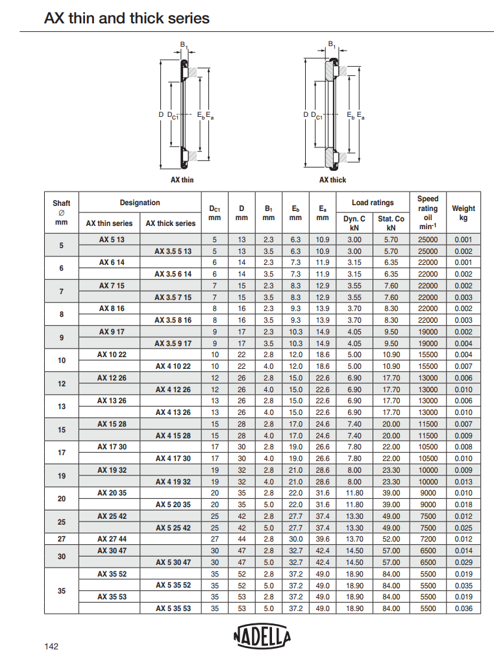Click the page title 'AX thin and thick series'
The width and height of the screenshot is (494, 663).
[127, 18]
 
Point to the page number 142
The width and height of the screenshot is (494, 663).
[51, 646]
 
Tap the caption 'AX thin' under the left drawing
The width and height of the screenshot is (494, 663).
[182, 180]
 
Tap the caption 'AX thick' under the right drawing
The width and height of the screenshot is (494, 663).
[332, 180]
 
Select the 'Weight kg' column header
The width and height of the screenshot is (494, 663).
[463, 213]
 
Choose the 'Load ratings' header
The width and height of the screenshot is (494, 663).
[373, 203]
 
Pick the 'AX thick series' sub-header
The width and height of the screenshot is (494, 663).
[170, 223]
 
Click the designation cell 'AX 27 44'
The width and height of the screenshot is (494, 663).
[111, 539]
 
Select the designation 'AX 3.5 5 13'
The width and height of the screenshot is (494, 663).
[173, 251]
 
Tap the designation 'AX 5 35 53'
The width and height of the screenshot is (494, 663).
[173, 608]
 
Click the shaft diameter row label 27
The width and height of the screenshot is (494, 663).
[62, 539]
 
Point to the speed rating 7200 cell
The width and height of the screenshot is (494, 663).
[428, 539]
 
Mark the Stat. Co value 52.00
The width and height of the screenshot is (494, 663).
[391, 539]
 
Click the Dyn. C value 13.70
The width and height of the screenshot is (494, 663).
[354, 539]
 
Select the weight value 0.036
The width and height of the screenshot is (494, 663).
[463, 608]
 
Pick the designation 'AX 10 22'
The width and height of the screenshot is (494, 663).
[111, 355]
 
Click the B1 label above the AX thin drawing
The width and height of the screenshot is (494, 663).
[184, 45]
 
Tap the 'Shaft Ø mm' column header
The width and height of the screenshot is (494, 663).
[62, 213]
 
